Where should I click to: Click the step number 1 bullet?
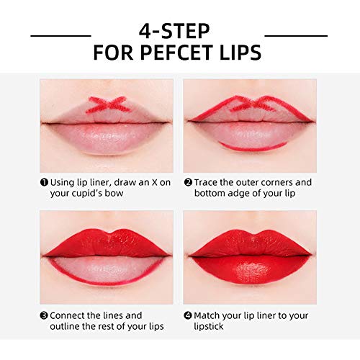(45, 182)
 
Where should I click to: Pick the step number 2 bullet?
(188, 182)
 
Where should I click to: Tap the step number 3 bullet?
(45, 315)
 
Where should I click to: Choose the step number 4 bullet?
(188, 315)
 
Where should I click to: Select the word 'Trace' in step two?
(210, 182)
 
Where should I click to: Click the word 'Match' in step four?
(211, 315)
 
